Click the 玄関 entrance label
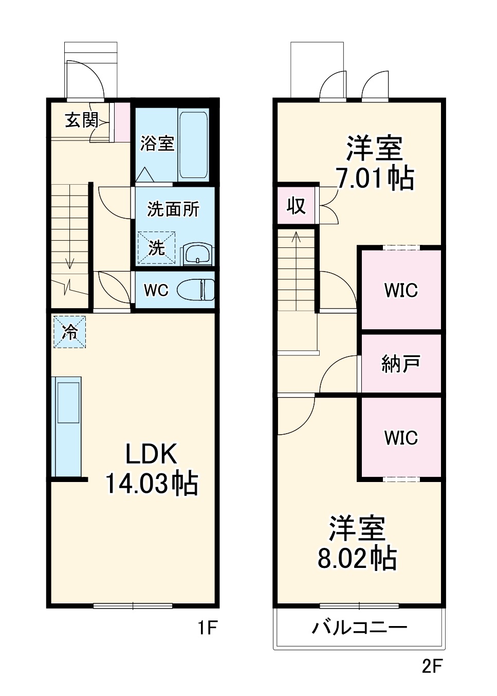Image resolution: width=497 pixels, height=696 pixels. pos(81,120)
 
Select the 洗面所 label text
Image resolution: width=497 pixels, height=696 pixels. pos(173,209)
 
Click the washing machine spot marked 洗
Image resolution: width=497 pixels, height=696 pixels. pos(156,248)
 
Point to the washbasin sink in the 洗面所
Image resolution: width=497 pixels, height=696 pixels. pos(197,254)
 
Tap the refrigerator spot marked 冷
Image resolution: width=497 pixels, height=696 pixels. pos(69,332)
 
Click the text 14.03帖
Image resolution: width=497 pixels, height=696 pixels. pos(152,484)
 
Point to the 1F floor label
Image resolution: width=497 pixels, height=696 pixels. pos(209,628)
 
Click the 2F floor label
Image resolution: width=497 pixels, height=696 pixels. pos(432,666)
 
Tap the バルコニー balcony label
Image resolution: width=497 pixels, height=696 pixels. pos(360,628)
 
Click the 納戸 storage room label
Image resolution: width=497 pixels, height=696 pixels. pos(401,364)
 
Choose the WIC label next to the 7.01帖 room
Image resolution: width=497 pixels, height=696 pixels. pos(401,290)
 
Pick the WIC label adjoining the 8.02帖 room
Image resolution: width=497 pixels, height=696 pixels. pos(401,438)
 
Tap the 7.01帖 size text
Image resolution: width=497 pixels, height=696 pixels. pos(374,178)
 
